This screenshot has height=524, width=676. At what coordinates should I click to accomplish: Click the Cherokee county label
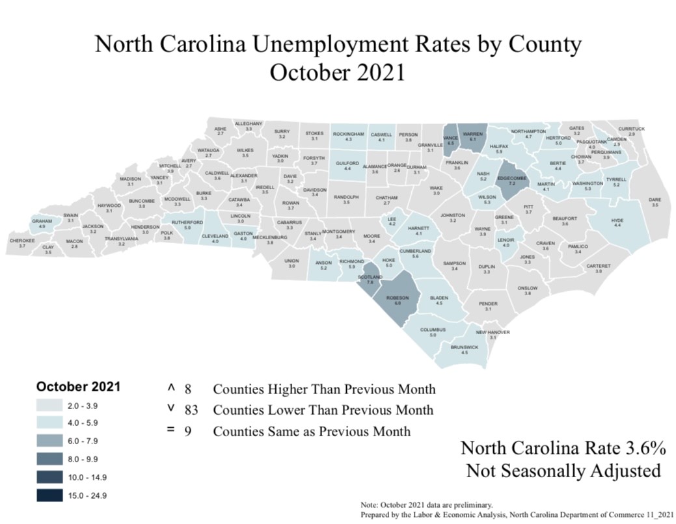(21, 241)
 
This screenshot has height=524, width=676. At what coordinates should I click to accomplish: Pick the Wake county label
(436, 188)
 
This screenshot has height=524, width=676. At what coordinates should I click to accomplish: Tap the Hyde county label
(617, 220)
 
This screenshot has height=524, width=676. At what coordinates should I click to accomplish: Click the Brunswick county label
(464, 348)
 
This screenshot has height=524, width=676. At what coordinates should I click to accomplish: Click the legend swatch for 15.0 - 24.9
(50, 495)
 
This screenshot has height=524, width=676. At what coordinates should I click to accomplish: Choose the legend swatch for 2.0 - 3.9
(50, 406)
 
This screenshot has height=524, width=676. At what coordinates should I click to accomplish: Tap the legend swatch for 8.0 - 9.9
(50, 460)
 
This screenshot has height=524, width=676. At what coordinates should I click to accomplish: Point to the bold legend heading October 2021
(78, 386)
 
